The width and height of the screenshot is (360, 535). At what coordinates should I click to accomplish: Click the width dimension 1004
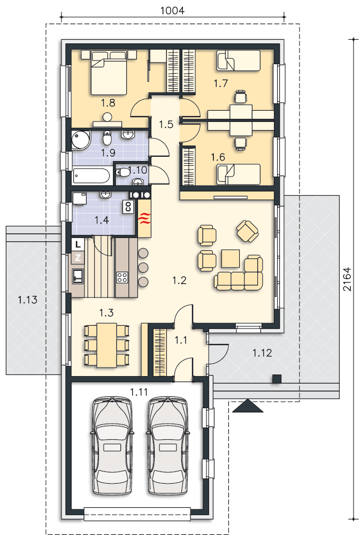tap(172, 11)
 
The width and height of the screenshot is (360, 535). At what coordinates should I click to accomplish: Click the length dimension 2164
tap(347, 279)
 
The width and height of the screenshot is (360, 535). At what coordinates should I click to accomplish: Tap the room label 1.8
tap(108, 102)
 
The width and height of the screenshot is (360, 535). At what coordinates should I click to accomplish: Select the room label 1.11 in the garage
tap(139, 392)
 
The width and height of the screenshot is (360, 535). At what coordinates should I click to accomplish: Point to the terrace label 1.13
tap(27, 300)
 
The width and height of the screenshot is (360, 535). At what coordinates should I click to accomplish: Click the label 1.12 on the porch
tap(262, 353)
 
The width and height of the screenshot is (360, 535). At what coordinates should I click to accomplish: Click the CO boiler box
tap(128, 207)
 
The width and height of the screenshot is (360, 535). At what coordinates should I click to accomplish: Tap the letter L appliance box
tap(78, 244)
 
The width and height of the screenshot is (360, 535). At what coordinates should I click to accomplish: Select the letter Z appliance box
tap(78, 258)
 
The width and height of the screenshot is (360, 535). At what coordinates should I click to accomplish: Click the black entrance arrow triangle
tap(248, 406)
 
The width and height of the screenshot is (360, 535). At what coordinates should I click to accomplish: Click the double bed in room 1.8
tap(109, 72)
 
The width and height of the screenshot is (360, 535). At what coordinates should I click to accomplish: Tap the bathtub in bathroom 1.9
tap(91, 176)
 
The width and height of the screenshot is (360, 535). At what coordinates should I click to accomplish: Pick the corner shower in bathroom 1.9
tap(80, 140)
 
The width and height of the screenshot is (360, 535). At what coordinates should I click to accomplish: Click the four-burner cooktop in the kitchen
tap(122, 277)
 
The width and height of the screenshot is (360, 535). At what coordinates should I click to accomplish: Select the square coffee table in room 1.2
tap(231, 258)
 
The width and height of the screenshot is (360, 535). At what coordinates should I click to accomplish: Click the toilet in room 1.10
tap(122, 172)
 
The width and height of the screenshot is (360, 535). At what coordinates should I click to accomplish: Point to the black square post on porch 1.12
tap(277, 379)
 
